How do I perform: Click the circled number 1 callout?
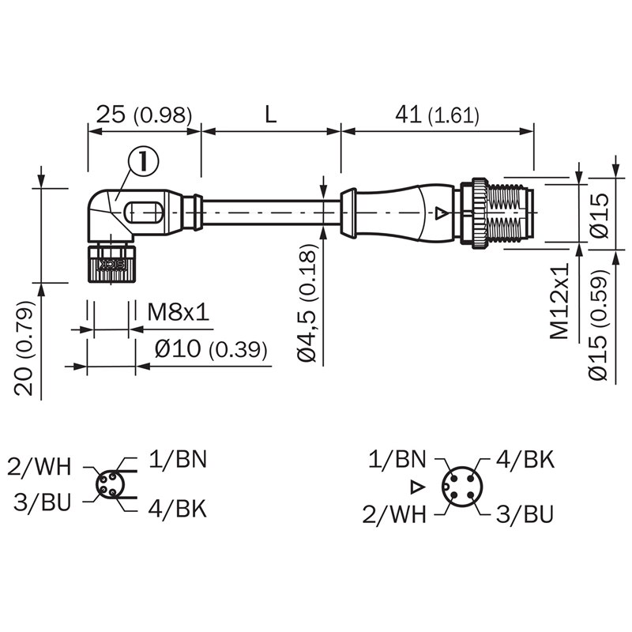point(144,161)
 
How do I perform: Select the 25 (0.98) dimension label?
point(144,115)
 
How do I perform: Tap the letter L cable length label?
point(271,115)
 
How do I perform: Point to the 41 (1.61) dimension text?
point(437,115)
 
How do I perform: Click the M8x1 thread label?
point(179,311)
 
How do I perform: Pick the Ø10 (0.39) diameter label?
point(211,348)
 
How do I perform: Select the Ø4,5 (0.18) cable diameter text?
point(307,303)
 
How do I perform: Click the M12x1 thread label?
point(559,301)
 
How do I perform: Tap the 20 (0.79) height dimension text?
point(24,348)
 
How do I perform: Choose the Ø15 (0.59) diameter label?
point(598,324)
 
